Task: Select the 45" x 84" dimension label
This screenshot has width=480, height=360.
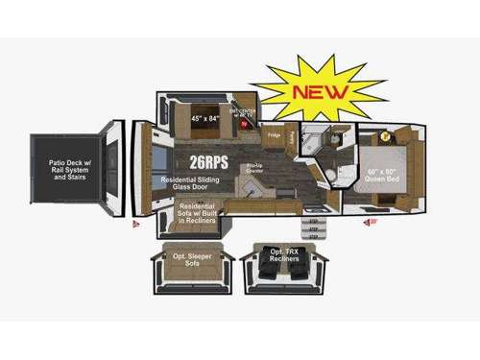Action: [206, 119]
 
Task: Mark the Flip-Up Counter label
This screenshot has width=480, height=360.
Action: [254, 169]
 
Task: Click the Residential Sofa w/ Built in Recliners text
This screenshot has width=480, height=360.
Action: [198, 212]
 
